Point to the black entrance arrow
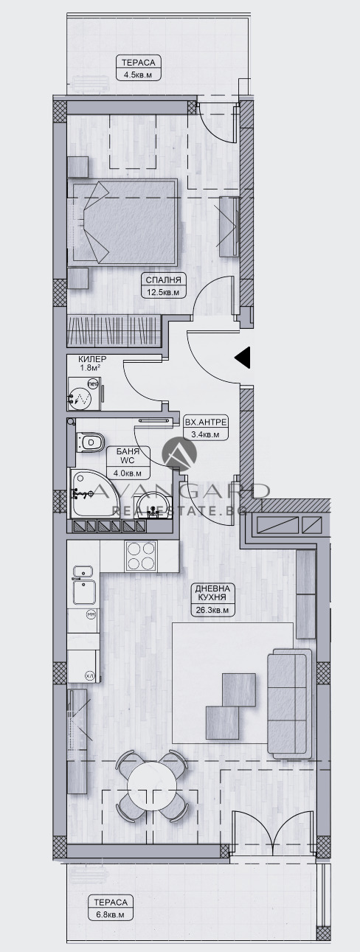243,358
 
